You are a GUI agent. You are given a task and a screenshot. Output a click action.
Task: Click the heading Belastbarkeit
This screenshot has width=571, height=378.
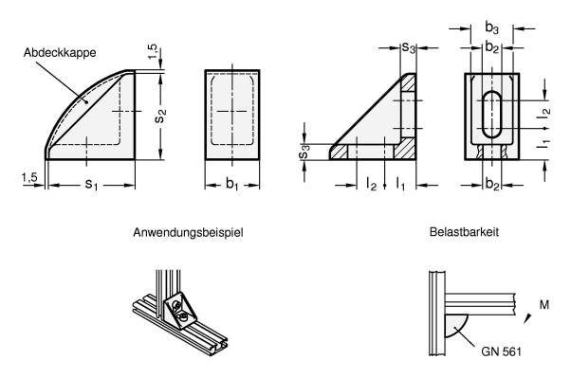click(464, 231)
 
